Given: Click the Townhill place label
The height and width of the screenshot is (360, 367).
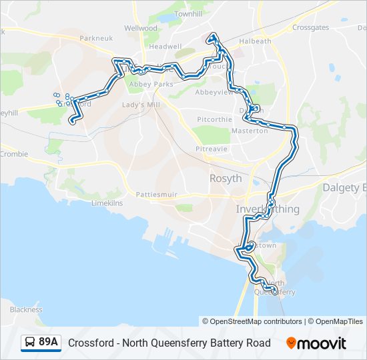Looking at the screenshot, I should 188,13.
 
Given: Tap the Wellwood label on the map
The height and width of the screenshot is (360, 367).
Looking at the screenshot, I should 141,29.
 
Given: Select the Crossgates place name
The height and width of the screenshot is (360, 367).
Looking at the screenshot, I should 310,28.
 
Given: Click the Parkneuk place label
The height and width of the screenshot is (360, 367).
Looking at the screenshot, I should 93,38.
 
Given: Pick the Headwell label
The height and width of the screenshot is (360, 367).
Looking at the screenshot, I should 165,47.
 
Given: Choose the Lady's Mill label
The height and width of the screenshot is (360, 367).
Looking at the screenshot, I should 138,105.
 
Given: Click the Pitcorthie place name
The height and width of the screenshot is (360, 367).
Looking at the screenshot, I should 214,119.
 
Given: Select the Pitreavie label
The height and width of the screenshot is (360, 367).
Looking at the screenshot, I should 212,149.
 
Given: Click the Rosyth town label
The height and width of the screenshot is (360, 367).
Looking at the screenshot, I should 226,178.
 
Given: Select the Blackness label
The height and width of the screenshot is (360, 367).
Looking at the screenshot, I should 26,309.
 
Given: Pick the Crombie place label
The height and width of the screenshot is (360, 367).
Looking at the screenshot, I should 14,154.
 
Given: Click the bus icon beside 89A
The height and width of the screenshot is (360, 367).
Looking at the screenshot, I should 30,343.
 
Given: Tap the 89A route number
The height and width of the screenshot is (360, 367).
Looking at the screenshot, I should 48,343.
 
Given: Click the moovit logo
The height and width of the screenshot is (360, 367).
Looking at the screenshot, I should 316,343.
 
